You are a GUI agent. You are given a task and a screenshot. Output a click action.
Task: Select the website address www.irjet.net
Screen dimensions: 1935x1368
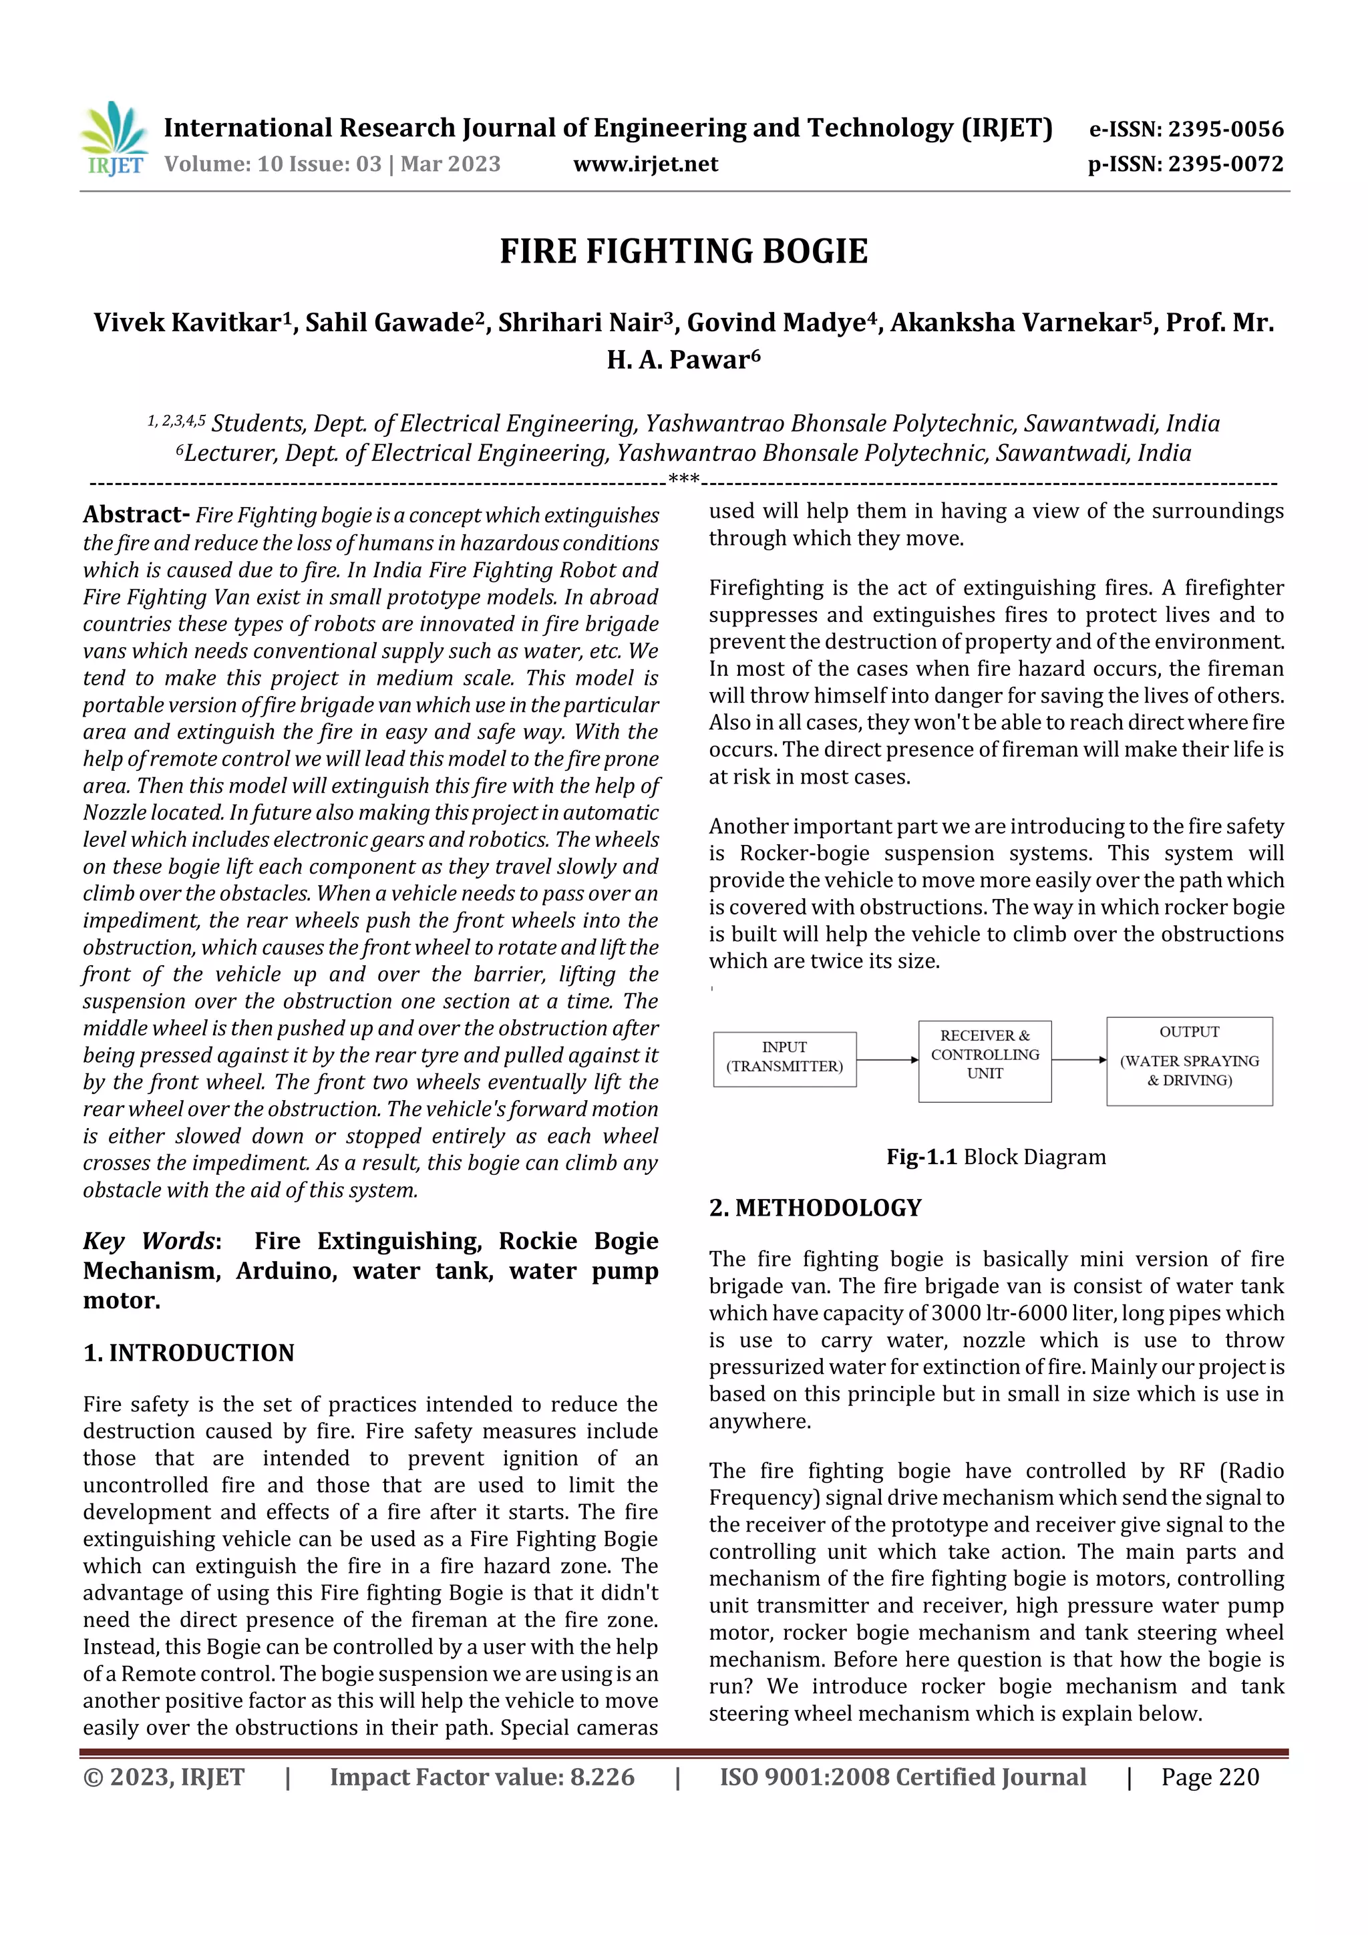pos(646,164)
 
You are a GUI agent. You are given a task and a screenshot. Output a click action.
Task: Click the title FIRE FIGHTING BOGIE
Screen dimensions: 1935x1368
pos(683,252)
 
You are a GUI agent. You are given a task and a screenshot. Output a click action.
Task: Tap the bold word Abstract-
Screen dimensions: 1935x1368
pos(136,514)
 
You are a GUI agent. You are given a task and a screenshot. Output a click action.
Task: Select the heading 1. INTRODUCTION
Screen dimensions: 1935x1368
pos(189,1353)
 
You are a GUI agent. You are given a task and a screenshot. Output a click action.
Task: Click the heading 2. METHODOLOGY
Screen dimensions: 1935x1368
pos(815,1208)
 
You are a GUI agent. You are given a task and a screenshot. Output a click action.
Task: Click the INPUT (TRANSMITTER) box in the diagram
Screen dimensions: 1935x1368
pos(785,1058)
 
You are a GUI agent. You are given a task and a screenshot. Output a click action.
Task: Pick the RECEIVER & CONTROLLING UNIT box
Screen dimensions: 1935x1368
pos(985,1059)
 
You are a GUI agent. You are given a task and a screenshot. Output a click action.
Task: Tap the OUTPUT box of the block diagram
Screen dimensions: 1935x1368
pos(1188,1060)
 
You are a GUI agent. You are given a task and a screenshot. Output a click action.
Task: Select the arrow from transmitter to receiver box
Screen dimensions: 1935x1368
pos(886,1059)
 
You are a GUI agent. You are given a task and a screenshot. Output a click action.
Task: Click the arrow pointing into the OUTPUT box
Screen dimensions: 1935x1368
pos(1079,1059)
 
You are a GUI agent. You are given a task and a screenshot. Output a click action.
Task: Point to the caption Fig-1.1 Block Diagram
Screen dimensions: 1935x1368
pos(995,1157)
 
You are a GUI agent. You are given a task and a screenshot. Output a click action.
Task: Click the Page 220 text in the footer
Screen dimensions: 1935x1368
pos(1210,1777)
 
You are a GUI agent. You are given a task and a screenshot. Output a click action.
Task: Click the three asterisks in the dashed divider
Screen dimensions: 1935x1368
pos(683,480)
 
